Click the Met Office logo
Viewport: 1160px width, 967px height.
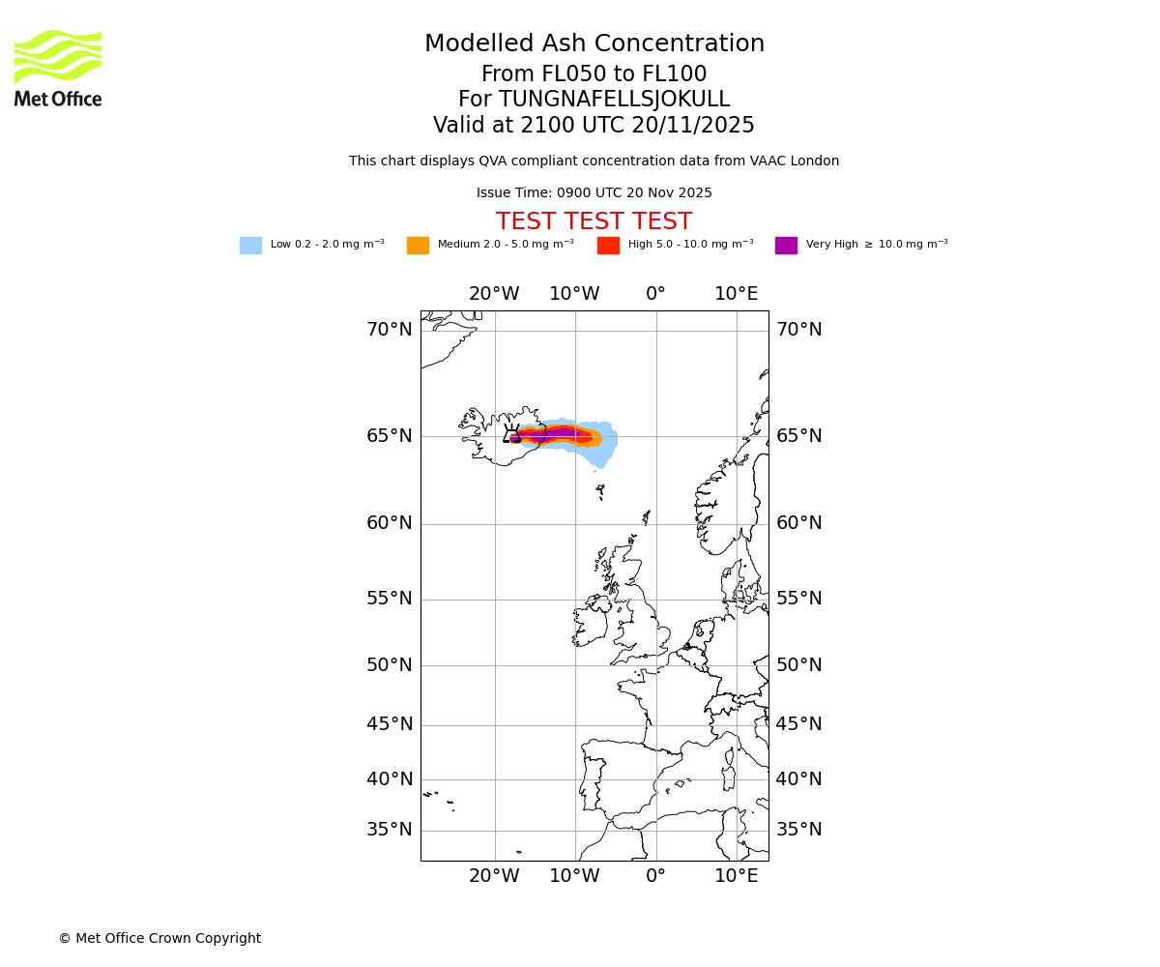(58, 69)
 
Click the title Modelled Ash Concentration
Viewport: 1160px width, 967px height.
(594, 44)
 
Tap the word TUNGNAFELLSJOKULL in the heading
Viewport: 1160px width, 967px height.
(615, 100)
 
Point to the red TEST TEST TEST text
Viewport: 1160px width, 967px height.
(594, 221)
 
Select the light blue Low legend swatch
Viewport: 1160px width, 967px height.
(250, 246)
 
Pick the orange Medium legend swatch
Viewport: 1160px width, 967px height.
(418, 246)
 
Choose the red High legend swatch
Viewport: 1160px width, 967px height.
(608, 246)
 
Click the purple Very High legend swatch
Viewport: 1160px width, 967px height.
(786, 246)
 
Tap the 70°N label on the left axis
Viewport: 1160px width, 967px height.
(389, 330)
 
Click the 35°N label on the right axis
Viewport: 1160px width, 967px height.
(799, 830)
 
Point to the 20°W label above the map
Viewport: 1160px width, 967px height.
(494, 294)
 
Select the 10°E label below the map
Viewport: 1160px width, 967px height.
(737, 876)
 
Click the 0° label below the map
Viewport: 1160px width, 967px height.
(655, 876)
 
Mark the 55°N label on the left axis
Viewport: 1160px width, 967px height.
(389, 599)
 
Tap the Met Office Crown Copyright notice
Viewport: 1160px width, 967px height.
(159, 939)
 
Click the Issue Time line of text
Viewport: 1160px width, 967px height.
(594, 193)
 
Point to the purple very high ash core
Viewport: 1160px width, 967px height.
(556, 434)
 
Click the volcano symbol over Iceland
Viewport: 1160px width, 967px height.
(512, 434)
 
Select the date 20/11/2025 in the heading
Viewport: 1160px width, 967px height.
(693, 126)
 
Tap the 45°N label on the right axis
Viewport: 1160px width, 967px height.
(799, 724)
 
